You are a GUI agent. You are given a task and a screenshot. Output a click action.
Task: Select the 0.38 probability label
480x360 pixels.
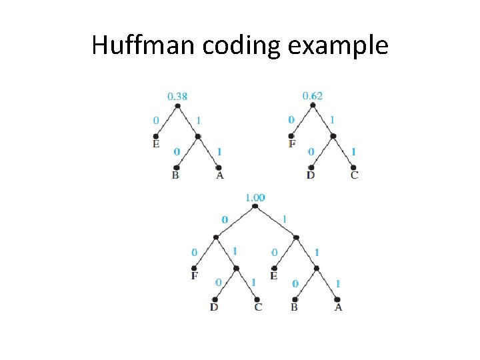[x=177, y=97]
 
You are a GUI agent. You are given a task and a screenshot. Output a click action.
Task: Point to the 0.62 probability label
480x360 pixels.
[x=312, y=96]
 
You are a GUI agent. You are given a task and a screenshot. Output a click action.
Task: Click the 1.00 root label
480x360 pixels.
[x=255, y=197]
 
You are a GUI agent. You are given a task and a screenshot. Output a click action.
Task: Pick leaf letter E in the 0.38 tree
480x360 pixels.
[x=156, y=144]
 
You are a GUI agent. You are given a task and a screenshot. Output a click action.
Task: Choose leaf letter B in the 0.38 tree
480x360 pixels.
[x=175, y=175]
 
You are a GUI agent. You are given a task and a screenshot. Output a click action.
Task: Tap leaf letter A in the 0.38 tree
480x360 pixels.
[x=219, y=175]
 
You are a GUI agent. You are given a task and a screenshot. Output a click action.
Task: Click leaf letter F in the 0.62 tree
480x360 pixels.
[x=292, y=143]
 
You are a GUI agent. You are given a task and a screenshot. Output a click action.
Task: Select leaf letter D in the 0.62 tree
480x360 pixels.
[x=311, y=175]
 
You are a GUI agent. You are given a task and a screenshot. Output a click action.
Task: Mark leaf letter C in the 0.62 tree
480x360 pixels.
[x=354, y=175]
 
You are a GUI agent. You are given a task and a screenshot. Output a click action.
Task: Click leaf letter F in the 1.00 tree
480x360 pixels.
[x=195, y=275]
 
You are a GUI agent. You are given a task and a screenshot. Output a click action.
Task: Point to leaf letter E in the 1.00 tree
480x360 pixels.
[x=274, y=275]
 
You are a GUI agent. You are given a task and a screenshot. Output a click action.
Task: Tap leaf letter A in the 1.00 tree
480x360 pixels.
[x=338, y=307]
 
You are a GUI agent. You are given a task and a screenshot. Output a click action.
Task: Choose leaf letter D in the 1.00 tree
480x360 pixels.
[x=214, y=307]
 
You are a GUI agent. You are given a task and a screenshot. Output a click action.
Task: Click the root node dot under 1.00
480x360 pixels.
[x=255, y=207]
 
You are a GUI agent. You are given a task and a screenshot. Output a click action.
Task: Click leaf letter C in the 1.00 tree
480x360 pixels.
[x=258, y=307]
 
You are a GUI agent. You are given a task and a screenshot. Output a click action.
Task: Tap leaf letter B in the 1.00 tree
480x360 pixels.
[x=294, y=307]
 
